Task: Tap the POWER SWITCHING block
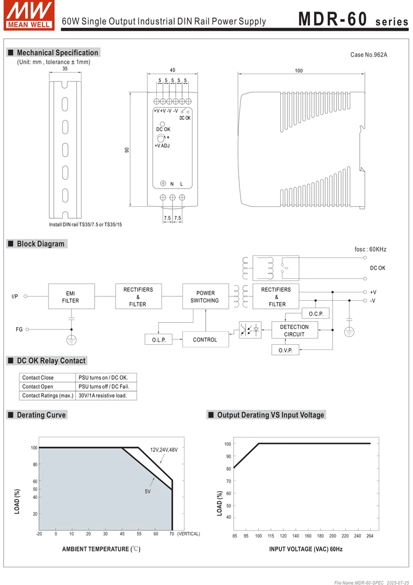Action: [x=205, y=297]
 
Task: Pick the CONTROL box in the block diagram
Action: [x=205, y=340]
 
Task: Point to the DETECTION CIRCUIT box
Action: [x=294, y=331]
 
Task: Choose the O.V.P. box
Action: [x=285, y=350]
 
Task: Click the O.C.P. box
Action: [x=316, y=313]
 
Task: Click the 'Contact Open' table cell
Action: [x=38, y=387]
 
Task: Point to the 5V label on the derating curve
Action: [x=148, y=492]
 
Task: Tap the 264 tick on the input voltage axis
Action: [x=370, y=536]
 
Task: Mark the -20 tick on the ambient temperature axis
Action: [x=39, y=534]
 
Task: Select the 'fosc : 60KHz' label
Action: [x=370, y=250]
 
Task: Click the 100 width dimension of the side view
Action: [x=299, y=71]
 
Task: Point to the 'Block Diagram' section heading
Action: [x=40, y=244]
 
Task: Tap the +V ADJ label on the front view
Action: [x=162, y=146]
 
